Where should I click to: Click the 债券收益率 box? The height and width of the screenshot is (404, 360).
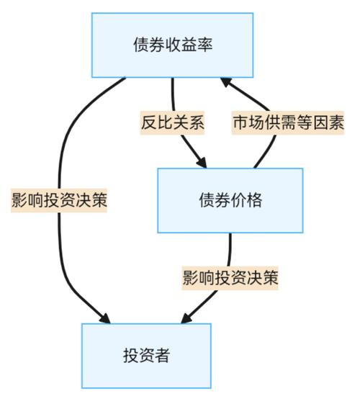[172, 45]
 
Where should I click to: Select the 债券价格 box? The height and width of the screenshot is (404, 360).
[230, 200]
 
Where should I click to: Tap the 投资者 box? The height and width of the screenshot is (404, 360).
[146, 356]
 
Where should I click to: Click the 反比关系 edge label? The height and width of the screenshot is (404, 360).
[173, 122]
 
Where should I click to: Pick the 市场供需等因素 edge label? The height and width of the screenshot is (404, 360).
[288, 122]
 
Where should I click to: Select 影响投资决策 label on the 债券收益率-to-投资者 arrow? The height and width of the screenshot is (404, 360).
[59, 200]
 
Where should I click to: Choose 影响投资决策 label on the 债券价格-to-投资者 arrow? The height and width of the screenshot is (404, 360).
[230, 278]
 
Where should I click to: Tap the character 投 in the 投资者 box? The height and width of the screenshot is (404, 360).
[130, 356]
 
